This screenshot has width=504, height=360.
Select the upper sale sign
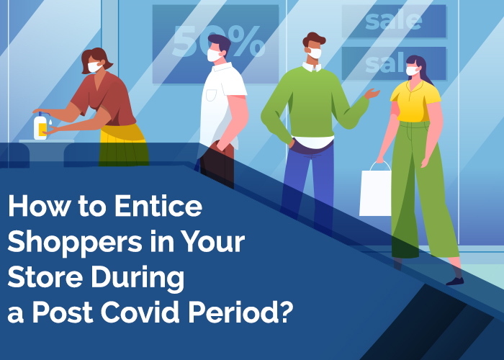click(x=394, y=21)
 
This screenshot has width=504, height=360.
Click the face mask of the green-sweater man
click(x=314, y=53)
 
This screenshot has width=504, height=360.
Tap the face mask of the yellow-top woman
click(x=411, y=71)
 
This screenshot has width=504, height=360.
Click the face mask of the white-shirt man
click(x=213, y=55)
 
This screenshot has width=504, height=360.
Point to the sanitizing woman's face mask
click(x=94, y=67)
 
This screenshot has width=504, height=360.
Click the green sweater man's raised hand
click(x=372, y=94)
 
